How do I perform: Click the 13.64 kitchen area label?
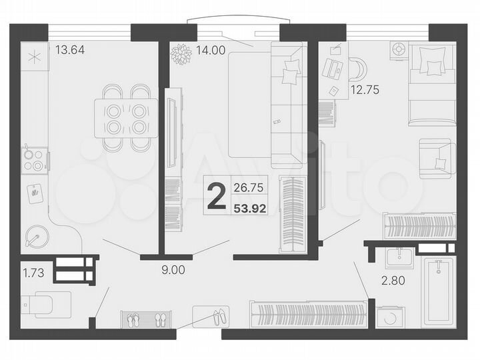click(70, 49)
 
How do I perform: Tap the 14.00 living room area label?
click(211, 49)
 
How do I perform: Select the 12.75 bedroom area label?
click(364, 90)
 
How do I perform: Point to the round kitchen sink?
click(35, 237)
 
